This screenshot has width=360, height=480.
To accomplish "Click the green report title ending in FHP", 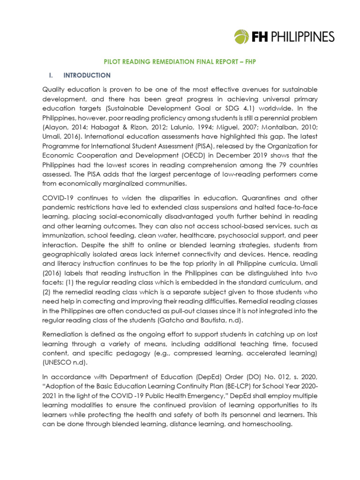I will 180,61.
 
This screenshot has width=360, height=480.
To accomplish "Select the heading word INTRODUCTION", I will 87,75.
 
